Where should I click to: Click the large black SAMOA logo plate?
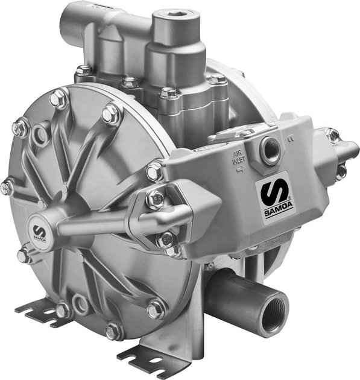(277, 196)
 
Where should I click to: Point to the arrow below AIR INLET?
(241, 169)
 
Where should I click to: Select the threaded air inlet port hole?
(270, 150)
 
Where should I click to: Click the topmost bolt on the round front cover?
(59, 98)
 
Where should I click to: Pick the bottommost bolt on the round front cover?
(113, 331)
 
